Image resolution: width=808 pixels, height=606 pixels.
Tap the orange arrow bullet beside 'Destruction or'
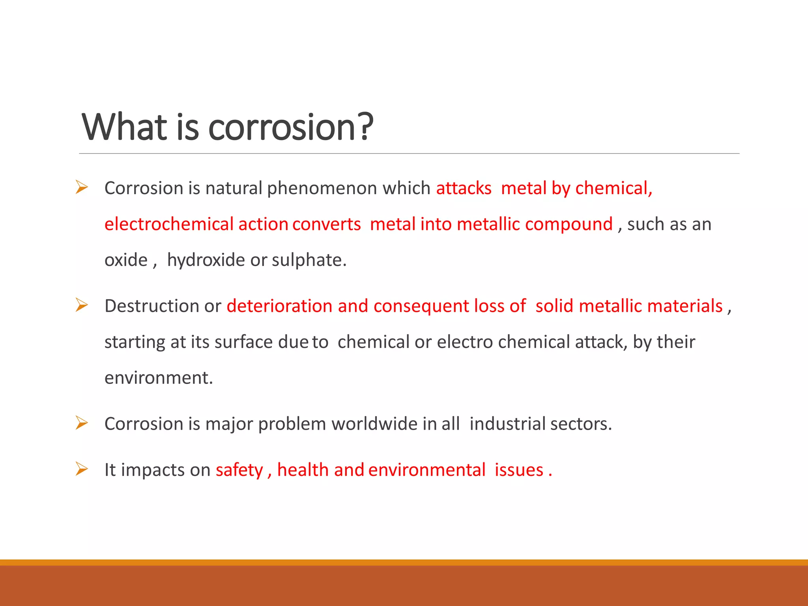pos(82,305)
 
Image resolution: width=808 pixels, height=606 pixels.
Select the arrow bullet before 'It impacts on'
pos(82,469)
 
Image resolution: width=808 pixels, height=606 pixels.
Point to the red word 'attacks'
pos(464,188)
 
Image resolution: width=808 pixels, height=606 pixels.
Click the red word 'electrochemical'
pos(169,224)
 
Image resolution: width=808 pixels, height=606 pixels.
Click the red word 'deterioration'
pos(279,306)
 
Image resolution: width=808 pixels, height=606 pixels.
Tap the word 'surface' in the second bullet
pos(243,342)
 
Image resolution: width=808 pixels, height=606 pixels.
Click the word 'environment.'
pos(159,378)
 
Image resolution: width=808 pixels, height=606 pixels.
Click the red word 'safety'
pos(239,470)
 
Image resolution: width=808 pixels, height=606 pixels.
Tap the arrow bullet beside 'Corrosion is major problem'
pos(82,423)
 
